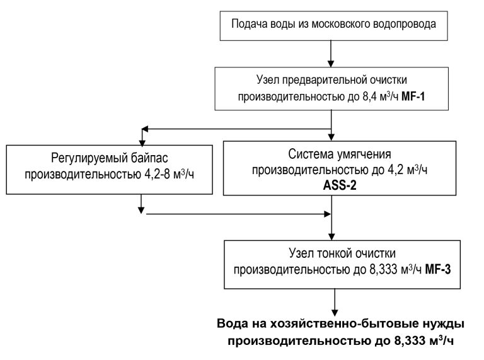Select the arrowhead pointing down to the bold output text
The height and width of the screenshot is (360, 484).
click(x=332, y=310)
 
